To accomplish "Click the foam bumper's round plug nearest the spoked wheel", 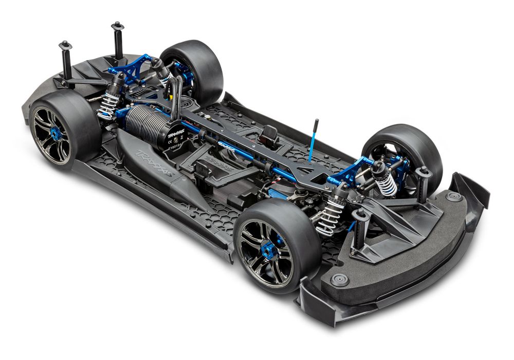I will (x=339, y=280).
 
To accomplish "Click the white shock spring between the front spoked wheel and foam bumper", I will (x=329, y=216).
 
